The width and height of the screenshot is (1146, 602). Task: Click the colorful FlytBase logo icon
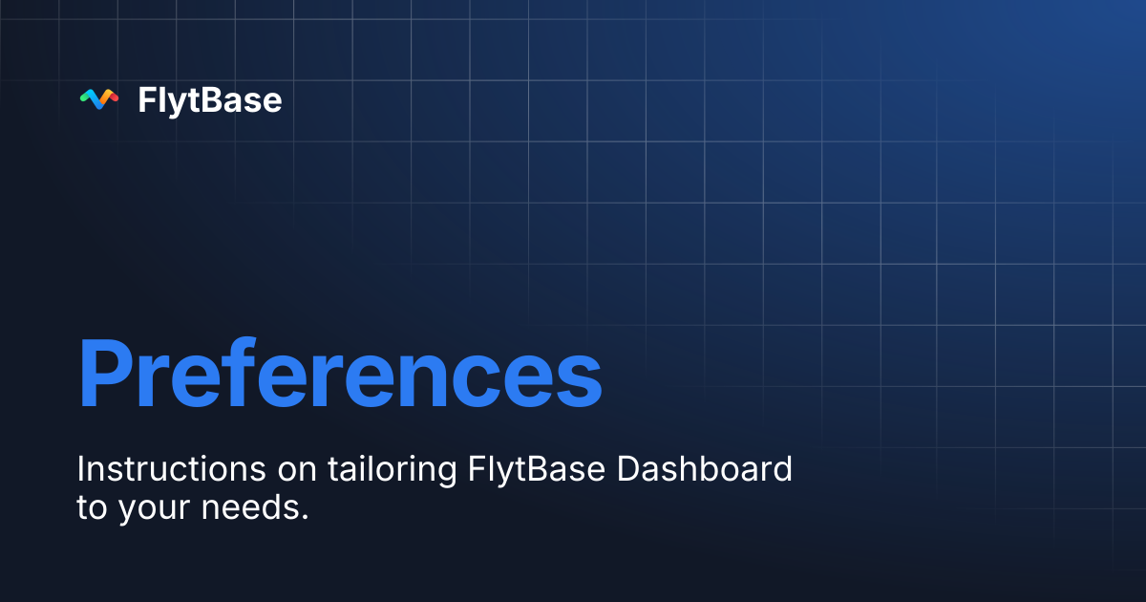[x=98, y=99]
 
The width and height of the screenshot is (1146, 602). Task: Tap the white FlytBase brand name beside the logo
[x=210, y=100]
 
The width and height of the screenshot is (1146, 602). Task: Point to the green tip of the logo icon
[x=84, y=95]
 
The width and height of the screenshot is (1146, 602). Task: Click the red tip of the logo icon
[x=114, y=95]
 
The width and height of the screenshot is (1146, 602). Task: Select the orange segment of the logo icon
[x=107, y=100]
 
